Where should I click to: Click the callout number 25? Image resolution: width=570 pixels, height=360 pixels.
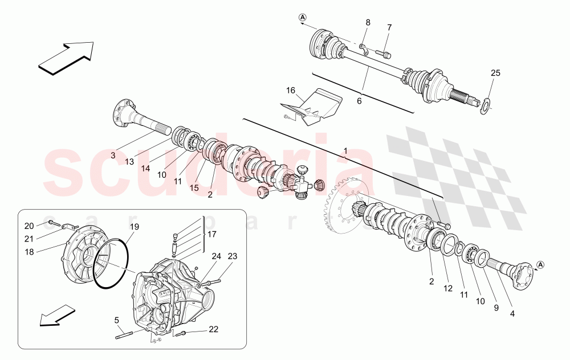point(495,73)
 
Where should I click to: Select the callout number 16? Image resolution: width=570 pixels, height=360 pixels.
point(291,91)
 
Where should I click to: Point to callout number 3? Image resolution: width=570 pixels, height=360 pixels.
point(112,155)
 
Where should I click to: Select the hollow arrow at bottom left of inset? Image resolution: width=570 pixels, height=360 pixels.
point(58,316)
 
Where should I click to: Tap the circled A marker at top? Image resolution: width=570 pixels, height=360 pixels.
point(302,17)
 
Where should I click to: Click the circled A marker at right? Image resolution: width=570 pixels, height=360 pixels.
point(540,264)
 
